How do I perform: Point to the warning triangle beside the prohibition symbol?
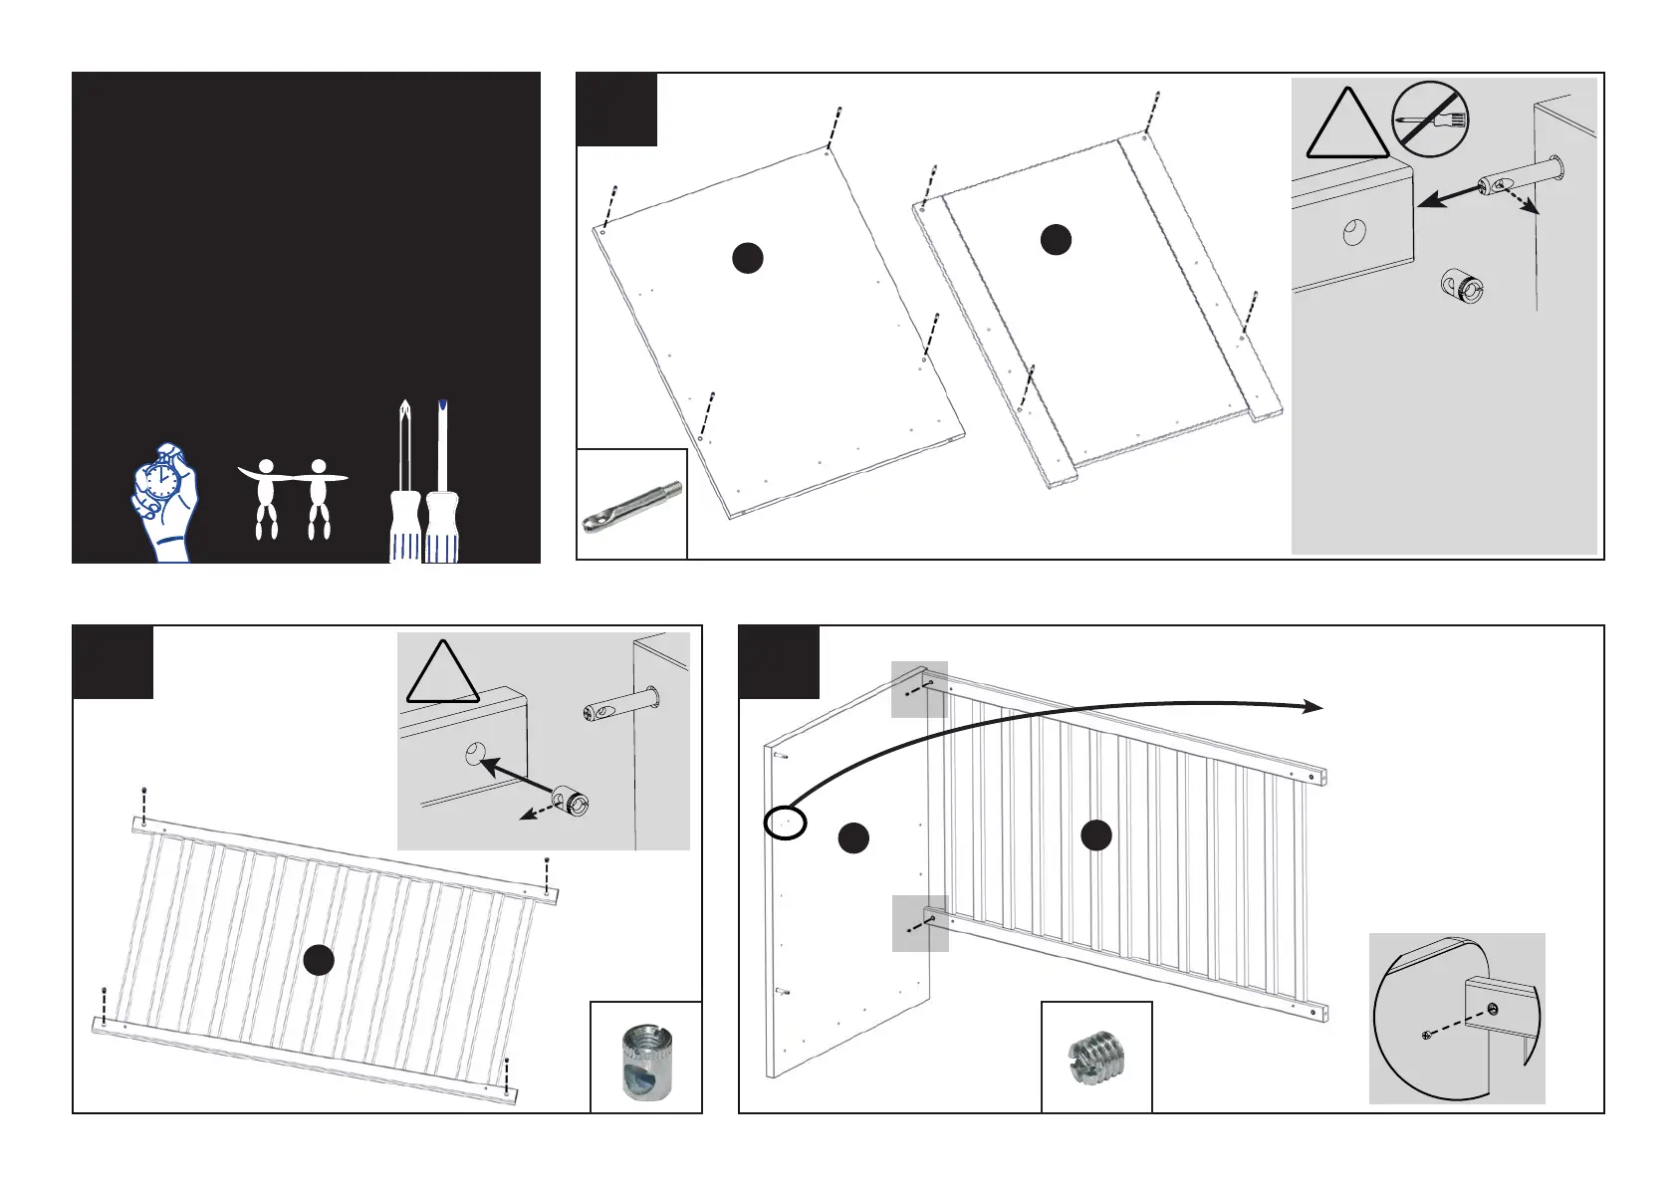click(1347, 127)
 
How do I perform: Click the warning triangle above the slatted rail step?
click(442, 675)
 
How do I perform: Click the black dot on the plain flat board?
click(747, 258)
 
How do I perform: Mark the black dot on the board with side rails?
click(1056, 239)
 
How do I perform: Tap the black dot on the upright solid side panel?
click(852, 838)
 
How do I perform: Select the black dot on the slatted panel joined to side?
click(1096, 834)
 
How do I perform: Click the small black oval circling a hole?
click(785, 823)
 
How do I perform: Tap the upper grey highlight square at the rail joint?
click(918, 689)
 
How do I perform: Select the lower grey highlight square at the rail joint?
click(919, 923)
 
